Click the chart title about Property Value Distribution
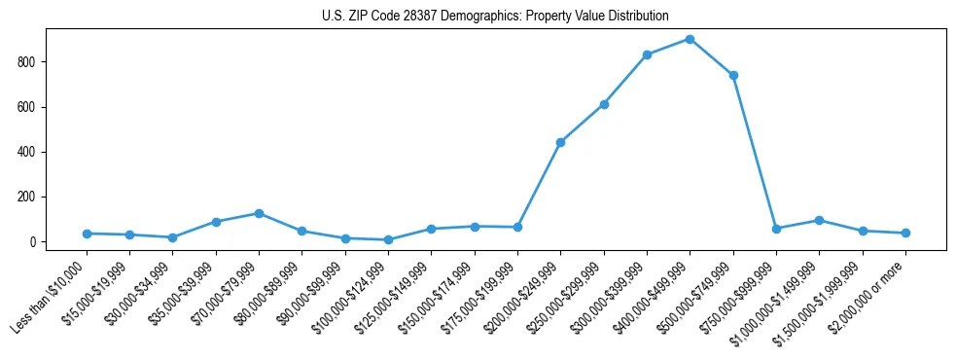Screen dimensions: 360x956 click(495, 16)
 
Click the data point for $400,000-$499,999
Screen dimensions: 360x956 click(690, 39)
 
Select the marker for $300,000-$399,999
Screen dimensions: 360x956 click(647, 54)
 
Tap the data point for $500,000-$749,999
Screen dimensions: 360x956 click(733, 75)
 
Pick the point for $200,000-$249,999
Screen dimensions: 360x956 click(560, 142)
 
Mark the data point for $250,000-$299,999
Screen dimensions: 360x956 click(604, 104)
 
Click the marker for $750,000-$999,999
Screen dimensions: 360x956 click(776, 229)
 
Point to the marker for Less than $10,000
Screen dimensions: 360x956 click(87, 234)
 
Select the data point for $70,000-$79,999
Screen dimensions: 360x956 click(259, 213)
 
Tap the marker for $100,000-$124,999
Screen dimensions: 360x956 click(388, 239)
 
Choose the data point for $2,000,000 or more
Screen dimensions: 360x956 click(905, 233)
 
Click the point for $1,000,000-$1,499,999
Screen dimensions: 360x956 click(819, 220)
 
